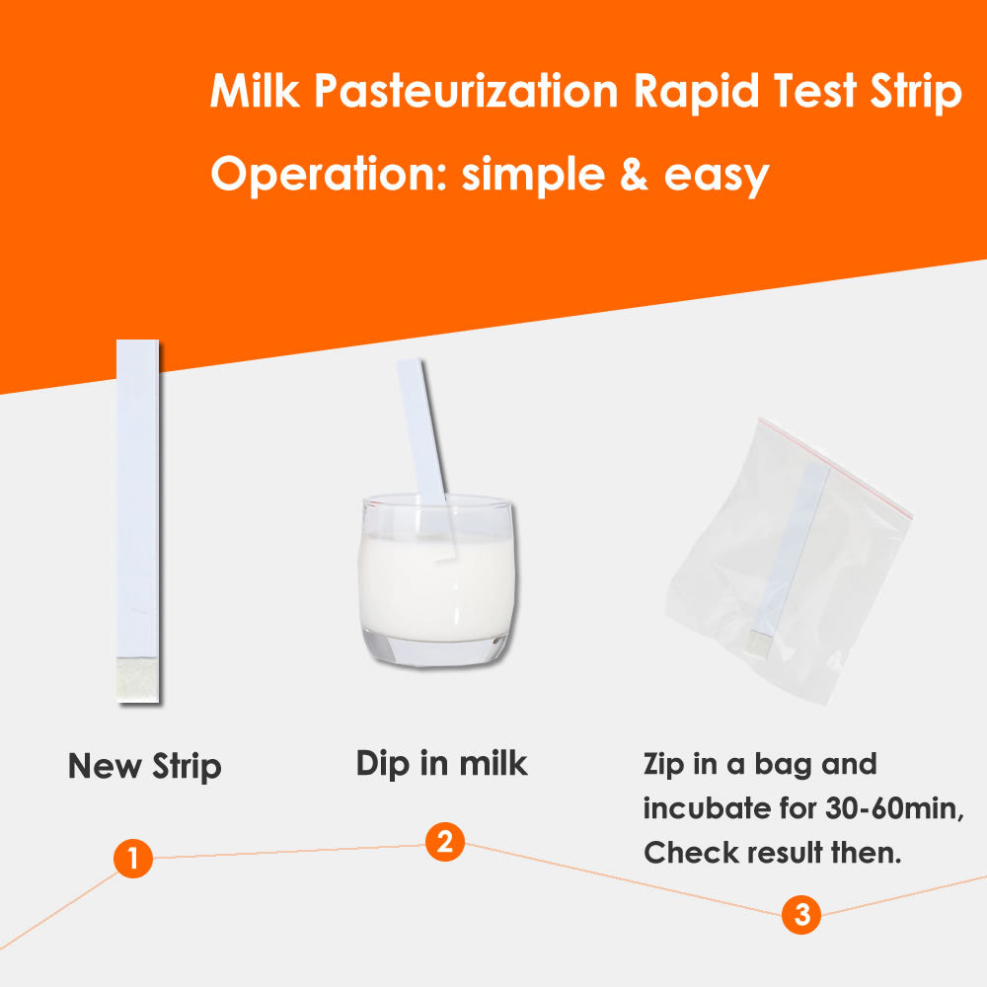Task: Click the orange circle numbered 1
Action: click(x=133, y=858)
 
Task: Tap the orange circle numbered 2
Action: click(x=445, y=842)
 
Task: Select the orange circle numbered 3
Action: click(x=801, y=914)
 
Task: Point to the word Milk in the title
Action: click(x=255, y=91)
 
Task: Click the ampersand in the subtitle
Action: click(x=634, y=175)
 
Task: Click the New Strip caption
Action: click(x=145, y=767)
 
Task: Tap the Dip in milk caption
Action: click(x=441, y=764)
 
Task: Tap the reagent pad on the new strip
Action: click(x=138, y=680)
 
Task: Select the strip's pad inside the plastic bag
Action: click(x=758, y=644)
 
